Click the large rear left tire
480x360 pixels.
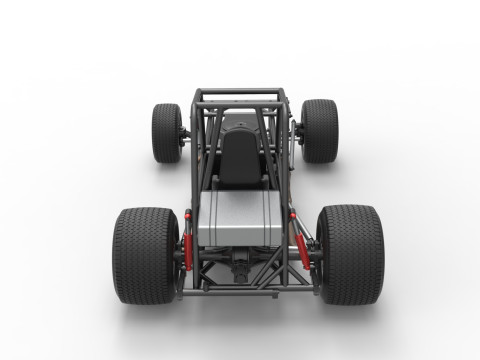point(145,255)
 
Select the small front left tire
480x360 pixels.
point(166,132)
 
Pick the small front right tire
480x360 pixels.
point(320,130)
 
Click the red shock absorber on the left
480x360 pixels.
point(187,240)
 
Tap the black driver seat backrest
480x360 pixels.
point(238,158)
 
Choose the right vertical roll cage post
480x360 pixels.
point(287,140)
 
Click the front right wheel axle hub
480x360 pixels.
point(298,130)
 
